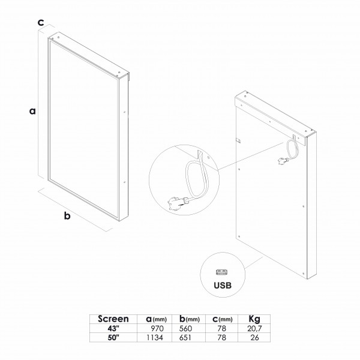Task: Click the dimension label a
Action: point(32,111)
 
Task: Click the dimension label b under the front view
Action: point(67,215)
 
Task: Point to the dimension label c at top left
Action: point(41,23)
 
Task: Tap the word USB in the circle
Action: point(223,286)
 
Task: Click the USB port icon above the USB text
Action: point(223,272)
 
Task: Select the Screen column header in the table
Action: point(113,319)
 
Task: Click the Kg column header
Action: point(254,319)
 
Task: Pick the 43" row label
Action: point(113,329)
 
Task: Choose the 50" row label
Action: point(113,337)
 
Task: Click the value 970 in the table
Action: point(157,329)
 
